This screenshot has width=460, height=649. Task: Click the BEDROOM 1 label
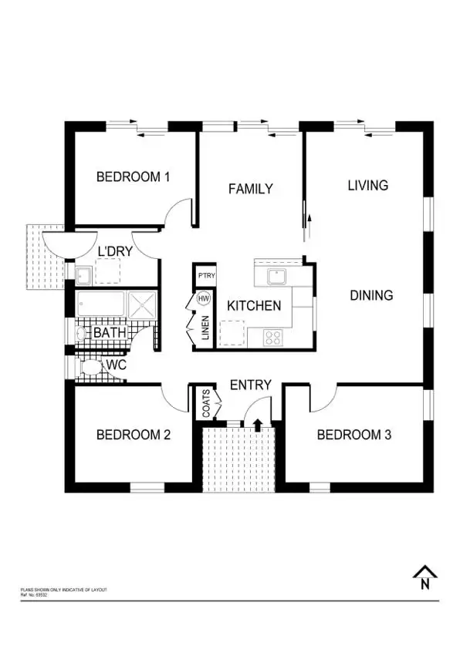(x=133, y=177)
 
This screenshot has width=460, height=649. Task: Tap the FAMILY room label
(x=250, y=188)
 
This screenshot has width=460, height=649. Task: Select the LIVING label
(x=367, y=185)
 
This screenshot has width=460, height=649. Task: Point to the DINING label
(x=371, y=294)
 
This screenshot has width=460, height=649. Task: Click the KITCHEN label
(x=253, y=306)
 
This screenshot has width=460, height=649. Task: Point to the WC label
(x=117, y=364)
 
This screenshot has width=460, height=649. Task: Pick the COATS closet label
(x=206, y=405)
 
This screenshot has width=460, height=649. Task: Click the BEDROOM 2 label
(x=133, y=435)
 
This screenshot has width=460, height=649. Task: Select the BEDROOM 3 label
(x=354, y=435)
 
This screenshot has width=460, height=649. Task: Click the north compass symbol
(x=424, y=578)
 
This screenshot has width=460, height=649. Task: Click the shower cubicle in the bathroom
(x=141, y=304)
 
